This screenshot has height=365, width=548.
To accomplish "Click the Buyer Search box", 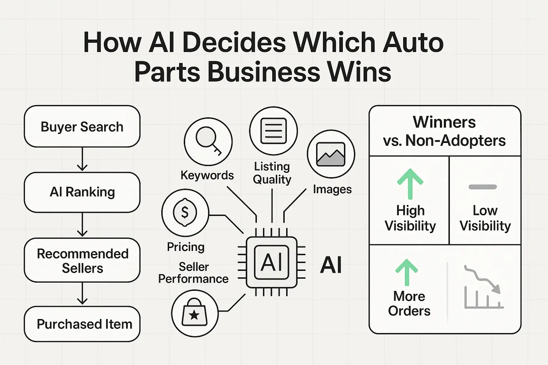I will point(82,127).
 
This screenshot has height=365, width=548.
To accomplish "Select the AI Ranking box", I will point(82,192).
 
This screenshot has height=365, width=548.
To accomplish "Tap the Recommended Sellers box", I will point(82,261).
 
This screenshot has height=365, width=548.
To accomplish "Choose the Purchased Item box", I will point(82,324).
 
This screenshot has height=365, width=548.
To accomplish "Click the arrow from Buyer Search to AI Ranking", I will point(82,159).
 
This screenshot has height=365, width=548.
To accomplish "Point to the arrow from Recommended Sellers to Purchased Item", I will point(82,294).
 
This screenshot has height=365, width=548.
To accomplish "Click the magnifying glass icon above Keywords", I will point(208,142).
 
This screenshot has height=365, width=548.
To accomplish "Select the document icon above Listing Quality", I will point(273,131).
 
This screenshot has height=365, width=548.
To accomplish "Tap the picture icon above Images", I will point(331,154).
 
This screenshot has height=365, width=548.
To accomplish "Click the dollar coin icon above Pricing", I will point(185,212).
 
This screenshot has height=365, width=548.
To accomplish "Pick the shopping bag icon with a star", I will point(194,313).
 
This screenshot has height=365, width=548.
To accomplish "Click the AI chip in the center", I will point(272,262).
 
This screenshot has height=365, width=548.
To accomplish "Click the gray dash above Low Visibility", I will point(483,187).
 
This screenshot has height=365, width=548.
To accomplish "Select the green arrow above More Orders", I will point(406,272).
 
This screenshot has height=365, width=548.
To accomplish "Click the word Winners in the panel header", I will point(444,122).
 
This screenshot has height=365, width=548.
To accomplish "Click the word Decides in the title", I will point(234,42).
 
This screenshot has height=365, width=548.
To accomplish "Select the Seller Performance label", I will point(193,273).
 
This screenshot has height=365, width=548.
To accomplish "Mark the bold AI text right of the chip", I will point(331,265).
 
